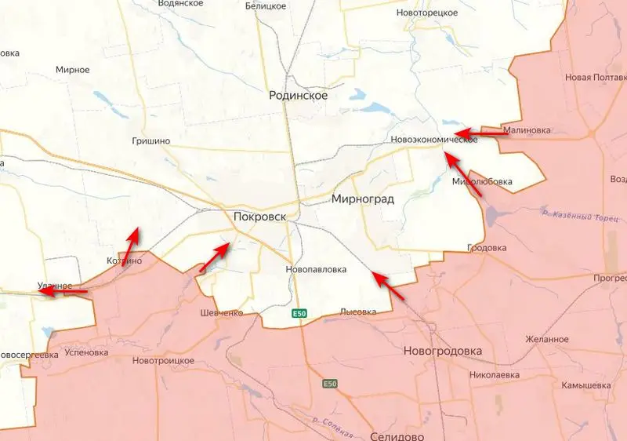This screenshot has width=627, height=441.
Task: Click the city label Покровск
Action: pos(259,216)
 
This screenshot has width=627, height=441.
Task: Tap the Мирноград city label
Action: pos(363,199)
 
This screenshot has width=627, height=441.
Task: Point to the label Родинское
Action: pos(298,95)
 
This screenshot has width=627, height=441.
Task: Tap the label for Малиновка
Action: pos(527,130)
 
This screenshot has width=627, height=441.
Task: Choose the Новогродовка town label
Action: pos(442,351)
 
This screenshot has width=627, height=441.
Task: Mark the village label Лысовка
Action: pos(357,312)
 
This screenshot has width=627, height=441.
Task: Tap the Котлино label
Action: pos(124,261)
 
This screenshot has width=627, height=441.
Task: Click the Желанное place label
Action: pos(548,339)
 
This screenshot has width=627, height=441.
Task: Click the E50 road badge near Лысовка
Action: pos(299,314)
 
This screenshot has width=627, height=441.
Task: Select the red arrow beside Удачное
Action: pos(63,291)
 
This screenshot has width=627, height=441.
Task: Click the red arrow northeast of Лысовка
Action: pos(389,286)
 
